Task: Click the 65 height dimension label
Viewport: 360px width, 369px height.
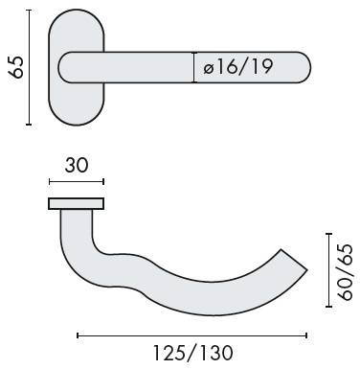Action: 16,67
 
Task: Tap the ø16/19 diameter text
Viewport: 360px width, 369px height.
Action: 238,67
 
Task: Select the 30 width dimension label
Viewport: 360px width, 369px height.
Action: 77,166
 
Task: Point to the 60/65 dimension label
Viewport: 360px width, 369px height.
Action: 346,272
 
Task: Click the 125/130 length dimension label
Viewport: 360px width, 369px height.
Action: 193,353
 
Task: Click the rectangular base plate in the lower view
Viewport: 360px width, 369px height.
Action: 77,204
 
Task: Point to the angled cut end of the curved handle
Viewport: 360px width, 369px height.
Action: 294,260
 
